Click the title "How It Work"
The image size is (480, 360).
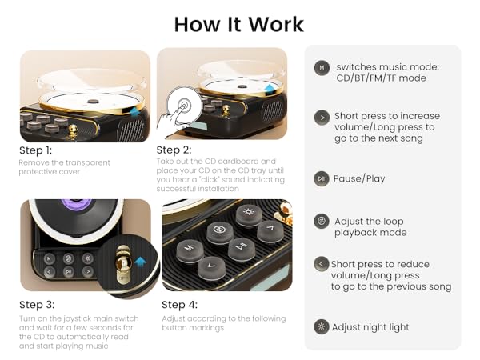240,23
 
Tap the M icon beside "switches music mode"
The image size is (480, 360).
322,68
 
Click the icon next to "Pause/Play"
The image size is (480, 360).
322,178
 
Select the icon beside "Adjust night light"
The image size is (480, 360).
322,326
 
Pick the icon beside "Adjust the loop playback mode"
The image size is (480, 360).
322,221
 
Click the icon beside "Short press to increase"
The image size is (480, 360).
322,117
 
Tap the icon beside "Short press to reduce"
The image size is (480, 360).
322,264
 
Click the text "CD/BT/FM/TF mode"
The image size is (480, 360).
381,78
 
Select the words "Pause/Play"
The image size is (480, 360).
359,178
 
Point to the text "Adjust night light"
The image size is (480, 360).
371,326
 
